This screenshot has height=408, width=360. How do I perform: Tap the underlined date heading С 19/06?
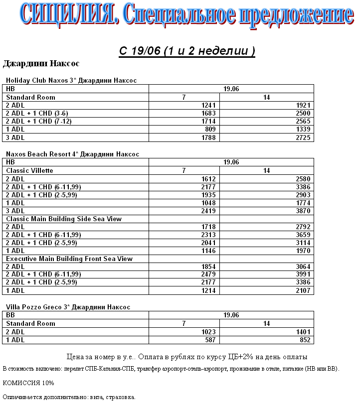[186, 51]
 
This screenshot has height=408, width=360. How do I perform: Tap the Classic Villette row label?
[29, 170]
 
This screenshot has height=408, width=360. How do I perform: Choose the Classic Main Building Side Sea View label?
[64, 219]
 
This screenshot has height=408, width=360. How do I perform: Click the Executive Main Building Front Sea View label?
[69, 259]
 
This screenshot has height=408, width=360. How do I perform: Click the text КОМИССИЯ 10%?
[28, 383]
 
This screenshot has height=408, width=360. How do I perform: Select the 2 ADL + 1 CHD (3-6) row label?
[37, 113]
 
